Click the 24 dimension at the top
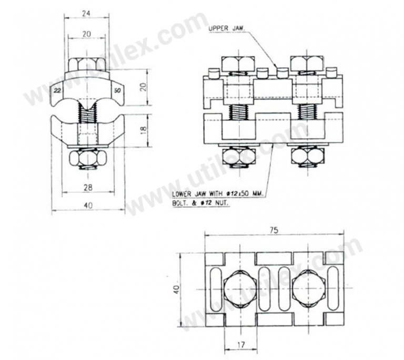click(x=85, y=14)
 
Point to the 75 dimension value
click(x=274, y=230)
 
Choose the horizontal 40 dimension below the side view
click(x=88, y=206)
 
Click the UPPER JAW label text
click(x=226, y=28)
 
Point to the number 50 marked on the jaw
click(x=116, y=91)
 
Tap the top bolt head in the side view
click(x=87, y=66)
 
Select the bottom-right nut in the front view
click(x=307, y=156)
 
